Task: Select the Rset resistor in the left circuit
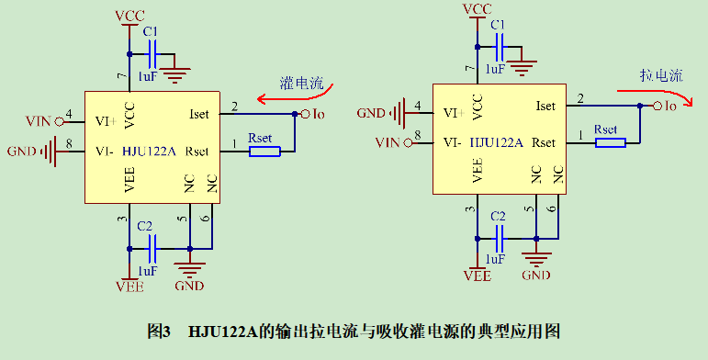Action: (264, 151)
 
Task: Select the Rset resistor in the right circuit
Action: (610, 141)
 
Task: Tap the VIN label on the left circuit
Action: (39, 121)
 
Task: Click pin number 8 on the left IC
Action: (69, 142)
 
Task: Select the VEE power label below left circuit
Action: (129, 286)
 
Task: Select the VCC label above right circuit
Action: (477, 9)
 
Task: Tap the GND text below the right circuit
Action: (535, 275)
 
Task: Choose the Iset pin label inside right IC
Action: (545, 106)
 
